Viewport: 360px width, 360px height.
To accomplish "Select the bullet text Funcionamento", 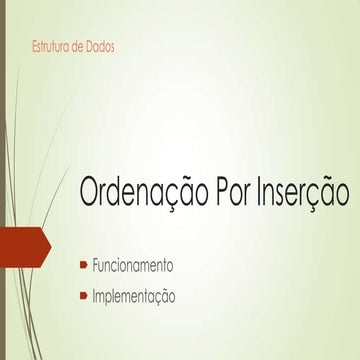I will coord(133,266).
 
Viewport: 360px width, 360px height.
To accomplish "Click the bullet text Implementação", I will coord(134,296).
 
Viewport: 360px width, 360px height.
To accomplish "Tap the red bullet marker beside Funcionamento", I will coord(84,266).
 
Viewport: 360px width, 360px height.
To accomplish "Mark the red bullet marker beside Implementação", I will coord(84,296).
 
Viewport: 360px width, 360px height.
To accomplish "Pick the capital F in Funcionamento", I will coord(95,266).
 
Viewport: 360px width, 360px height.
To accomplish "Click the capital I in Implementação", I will coord(94,296).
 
